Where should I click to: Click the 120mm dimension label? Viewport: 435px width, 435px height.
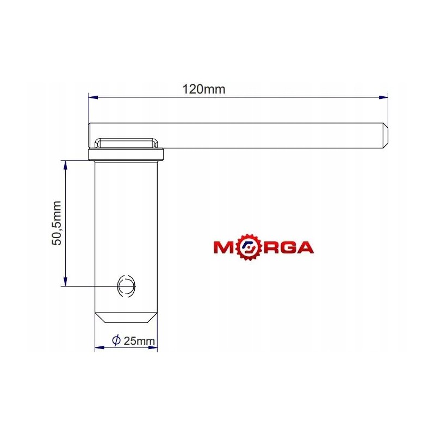click(x=204, y=89)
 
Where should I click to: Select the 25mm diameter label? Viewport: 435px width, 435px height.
click(x=139, y=341)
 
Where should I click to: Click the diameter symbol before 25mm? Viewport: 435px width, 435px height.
click(x=116, y=340)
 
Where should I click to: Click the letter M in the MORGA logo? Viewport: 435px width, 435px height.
click(x=226, y=248)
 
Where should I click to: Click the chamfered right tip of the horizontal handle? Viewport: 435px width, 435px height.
click(x=385, y=135)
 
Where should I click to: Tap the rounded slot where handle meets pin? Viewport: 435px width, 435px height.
click(x=126, y=142)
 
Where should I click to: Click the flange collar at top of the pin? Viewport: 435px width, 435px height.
click(x=126, y=156)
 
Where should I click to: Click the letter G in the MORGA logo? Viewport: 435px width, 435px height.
click(x=285, y=248)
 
